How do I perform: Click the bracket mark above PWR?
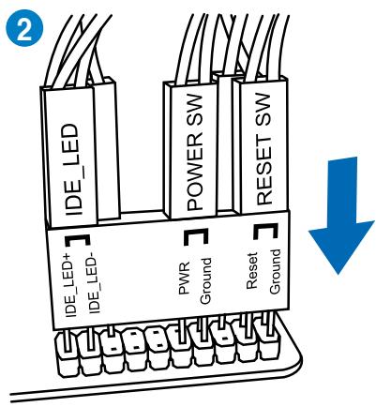pyautogui.click(x=193, y=234)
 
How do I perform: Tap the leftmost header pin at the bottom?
pyautogui.click(x=66, y=347)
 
